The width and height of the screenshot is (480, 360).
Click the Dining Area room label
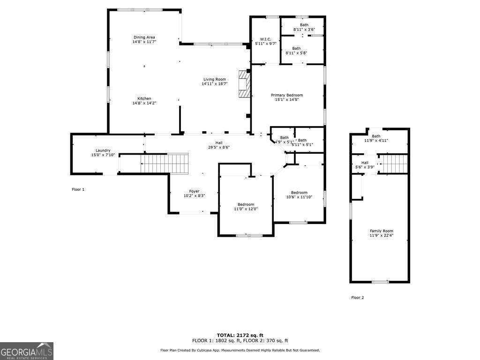tap(144, 37)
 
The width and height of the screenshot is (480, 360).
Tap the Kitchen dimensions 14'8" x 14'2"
tap(144, 103)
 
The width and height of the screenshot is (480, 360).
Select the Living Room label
tap(214, 79)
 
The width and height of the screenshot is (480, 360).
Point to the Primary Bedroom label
tap(287, 95)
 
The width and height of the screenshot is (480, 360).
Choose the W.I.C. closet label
tap(266, 39)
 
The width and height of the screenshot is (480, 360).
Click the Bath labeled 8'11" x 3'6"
tap(304, 27)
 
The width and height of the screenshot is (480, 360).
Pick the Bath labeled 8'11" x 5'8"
tap(296, 51)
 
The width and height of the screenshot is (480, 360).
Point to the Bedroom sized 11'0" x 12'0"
tap(246, 207)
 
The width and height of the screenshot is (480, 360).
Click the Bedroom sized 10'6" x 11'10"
tap(299, 195)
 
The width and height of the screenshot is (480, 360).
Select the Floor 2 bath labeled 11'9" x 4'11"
tap(376, 138)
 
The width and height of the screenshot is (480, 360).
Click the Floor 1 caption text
tap(78, 189)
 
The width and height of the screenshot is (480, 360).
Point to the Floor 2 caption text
tap(358, 298)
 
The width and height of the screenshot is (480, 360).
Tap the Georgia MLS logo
tap(27, 351)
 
